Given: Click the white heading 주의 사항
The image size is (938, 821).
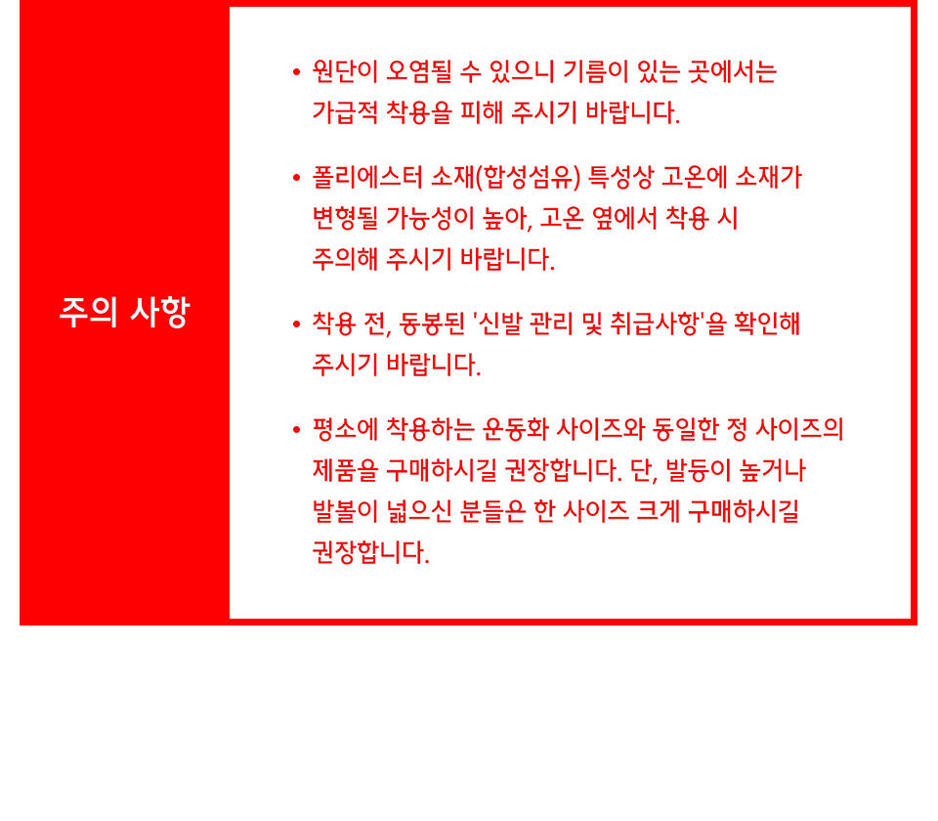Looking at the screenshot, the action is pos(124,312).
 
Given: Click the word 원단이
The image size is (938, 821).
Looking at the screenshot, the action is pos(345,71).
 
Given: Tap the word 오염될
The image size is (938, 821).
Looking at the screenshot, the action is pos(419,71).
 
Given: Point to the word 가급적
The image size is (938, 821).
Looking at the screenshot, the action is pos(345,112).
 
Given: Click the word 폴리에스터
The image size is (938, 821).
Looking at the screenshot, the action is pos(368,178).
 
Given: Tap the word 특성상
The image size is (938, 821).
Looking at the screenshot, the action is pos(621,178).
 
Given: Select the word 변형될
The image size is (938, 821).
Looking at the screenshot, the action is pos(345,218).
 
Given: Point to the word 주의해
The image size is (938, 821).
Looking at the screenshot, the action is pos(345,259).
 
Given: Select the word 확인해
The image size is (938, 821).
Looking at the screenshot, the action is pos(767,324).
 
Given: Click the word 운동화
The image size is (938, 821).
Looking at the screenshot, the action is pos(516,430).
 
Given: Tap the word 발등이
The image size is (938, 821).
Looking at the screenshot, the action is pos(698,470).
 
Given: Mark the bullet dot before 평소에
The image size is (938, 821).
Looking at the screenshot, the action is pos(296,430).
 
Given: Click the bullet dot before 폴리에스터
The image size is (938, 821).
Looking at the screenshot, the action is pos(296,178).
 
